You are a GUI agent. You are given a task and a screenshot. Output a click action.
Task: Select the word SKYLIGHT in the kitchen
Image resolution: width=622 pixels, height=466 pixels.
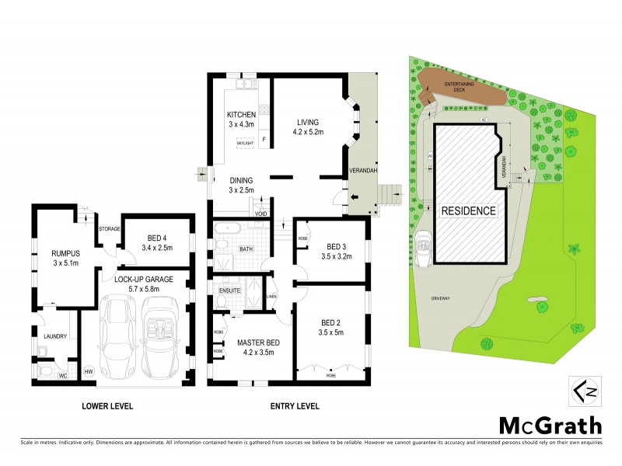click(x=245, y=143)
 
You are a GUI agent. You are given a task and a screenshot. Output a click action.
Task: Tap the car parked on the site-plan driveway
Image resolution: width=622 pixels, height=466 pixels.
click(x=424, y=249)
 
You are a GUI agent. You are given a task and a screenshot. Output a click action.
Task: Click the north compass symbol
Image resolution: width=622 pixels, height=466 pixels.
click(x=581, y=391)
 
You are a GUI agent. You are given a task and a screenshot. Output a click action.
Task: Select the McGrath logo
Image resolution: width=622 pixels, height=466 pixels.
click(x=549, y=426)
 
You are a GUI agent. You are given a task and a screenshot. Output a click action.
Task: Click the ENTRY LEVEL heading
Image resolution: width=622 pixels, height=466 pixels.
click(x=294, y=405)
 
